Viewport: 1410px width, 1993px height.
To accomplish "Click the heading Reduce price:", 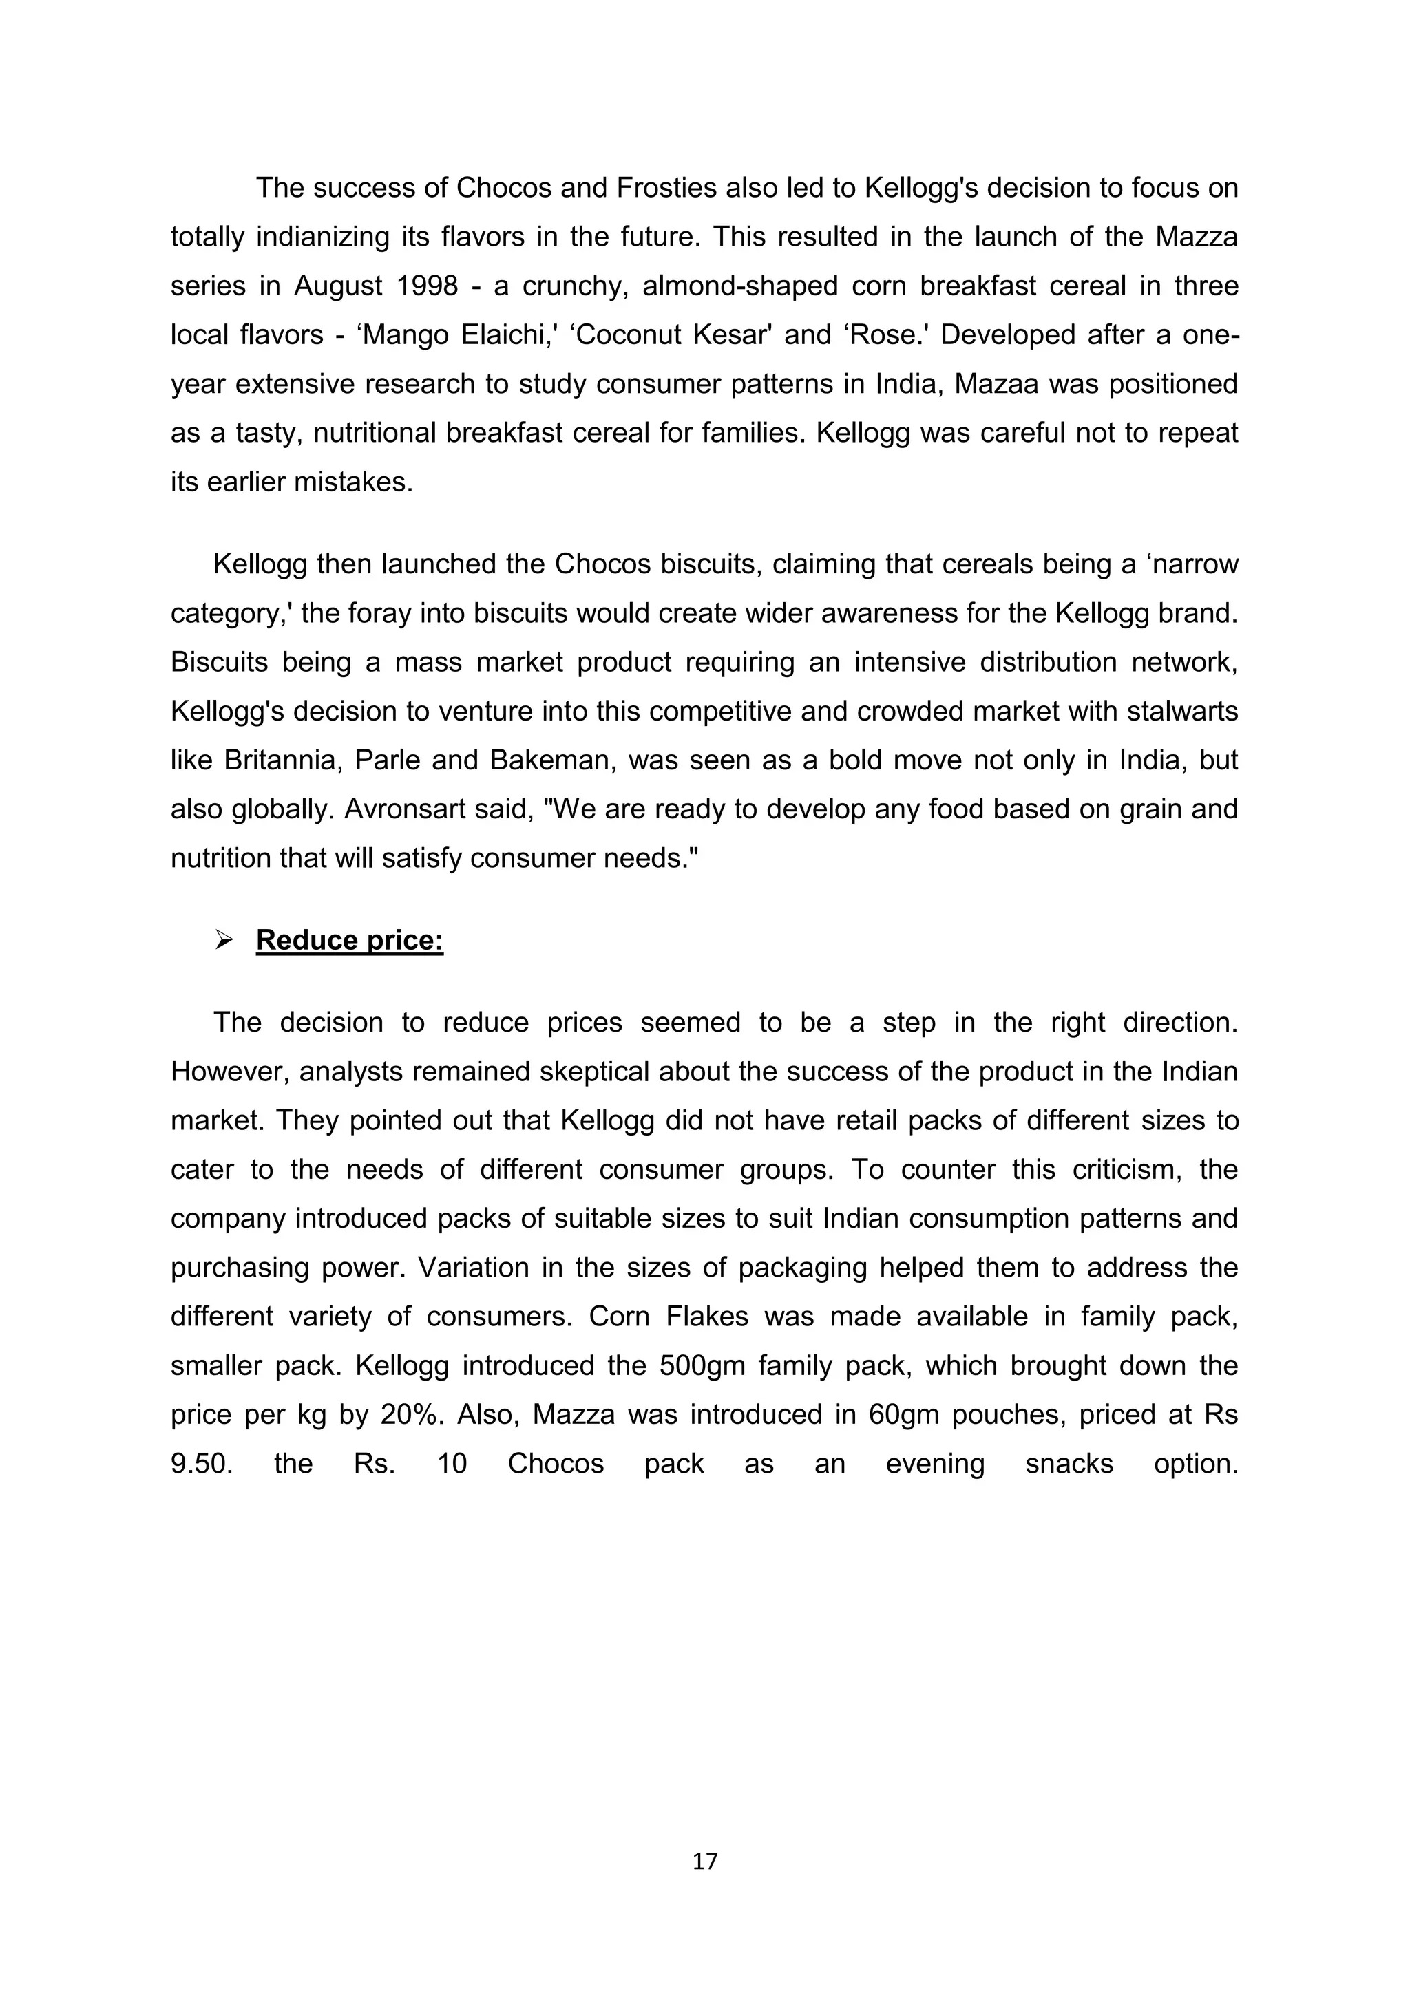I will [349, 940].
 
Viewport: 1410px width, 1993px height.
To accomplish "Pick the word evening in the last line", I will [934, 1464].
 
